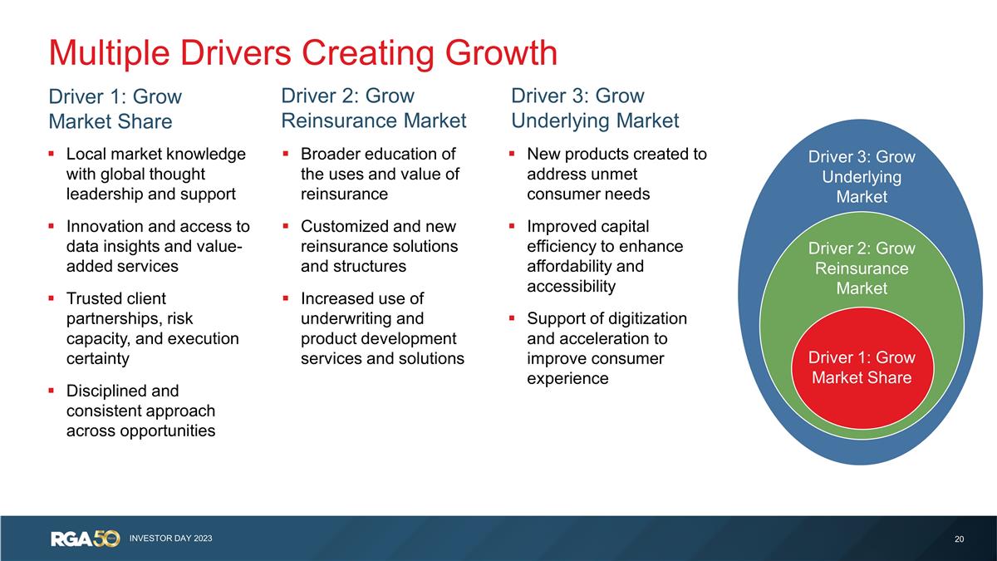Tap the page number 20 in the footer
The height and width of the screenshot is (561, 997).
coord(959,539)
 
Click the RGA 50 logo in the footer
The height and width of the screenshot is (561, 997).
coord(86,539)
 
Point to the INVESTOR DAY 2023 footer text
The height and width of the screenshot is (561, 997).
coord(171,539)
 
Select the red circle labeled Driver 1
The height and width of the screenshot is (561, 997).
coord(862,368)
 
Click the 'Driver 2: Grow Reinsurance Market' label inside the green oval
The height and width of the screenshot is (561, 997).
coord(862,268)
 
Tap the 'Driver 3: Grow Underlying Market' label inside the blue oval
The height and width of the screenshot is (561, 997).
coord(862,177)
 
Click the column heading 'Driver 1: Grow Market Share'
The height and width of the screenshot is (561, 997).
coord(115,109)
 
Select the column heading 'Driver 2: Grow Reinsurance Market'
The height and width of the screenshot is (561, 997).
coord(374,108)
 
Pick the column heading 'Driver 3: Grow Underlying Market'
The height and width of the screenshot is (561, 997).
coord(595,108)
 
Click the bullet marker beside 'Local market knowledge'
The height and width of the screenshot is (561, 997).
coord(52,154)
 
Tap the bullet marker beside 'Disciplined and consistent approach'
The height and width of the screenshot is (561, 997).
coord(52,391)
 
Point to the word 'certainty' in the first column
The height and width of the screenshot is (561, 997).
coord(98,359)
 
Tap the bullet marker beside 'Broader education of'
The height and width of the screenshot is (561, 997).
coord(286,154)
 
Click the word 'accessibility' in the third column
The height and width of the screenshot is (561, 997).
coord(572,286)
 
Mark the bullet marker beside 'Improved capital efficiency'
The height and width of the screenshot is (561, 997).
coord(512,226)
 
